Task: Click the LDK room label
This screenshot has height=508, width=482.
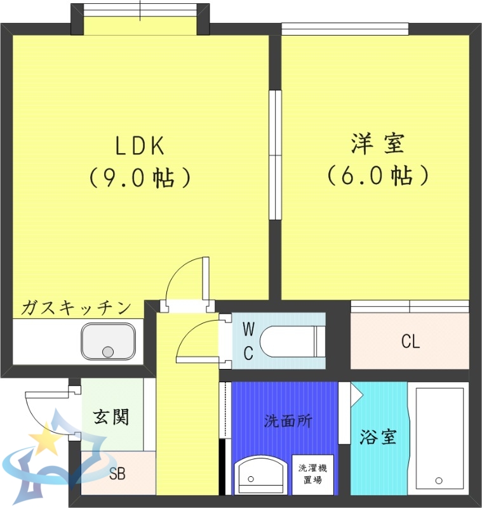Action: click(x=140, y=146)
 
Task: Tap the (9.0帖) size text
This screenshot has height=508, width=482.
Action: click(x=140, y=177)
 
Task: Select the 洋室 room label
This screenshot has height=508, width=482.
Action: click(x=377, y=144)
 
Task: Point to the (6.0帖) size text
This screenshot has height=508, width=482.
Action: click(x=377, y=175)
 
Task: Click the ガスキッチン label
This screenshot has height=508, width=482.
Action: click(x=76, y=309)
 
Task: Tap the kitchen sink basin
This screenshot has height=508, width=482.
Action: click(x=108, y=341)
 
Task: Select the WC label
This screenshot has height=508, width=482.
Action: click(x=248, y=341)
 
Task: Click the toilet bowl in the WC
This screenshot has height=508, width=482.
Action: click(x=289, y=342)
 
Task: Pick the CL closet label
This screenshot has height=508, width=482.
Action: click(x=410, y=342)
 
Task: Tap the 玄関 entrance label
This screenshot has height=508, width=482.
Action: click(x=112, y=417)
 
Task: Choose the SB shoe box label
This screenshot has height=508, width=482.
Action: click(x=117, y=473)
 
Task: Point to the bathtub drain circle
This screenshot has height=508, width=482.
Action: click(x=438, y=479)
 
